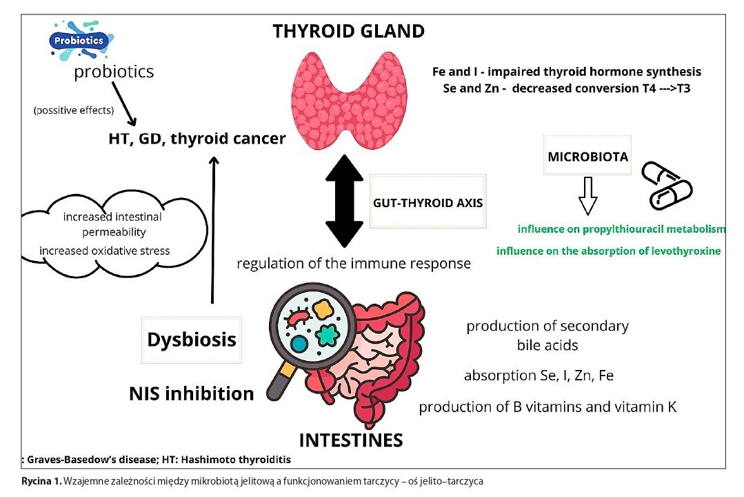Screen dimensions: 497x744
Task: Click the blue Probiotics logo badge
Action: tap(80, 41)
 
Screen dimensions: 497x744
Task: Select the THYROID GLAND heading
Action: tap(348, 31)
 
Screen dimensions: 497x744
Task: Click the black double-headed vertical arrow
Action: tap(343, 201)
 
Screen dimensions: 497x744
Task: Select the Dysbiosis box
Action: tap(192, 340)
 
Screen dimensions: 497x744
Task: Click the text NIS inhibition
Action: tap(192, 393)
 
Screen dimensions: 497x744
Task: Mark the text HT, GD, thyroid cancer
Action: tap(197, 139)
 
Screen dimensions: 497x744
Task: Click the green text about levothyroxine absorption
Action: tap(608, 251)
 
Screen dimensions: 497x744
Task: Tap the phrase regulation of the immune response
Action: tap(353, 264)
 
